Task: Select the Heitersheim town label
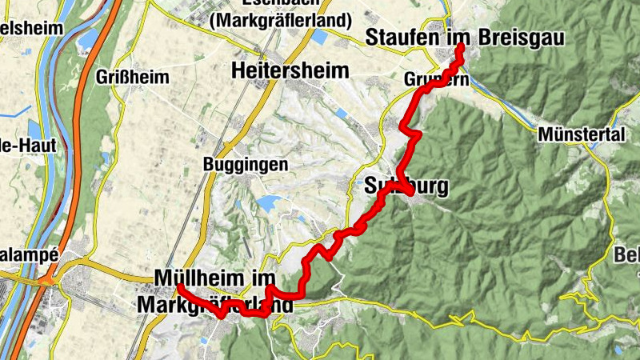[290, 71]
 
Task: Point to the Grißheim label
[132, 78]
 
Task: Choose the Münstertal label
[582, 134]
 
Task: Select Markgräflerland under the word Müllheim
[221, 305]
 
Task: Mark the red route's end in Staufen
[461, 49]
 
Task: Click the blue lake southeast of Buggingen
[270, 202]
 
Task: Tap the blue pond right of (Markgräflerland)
[321, 37]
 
